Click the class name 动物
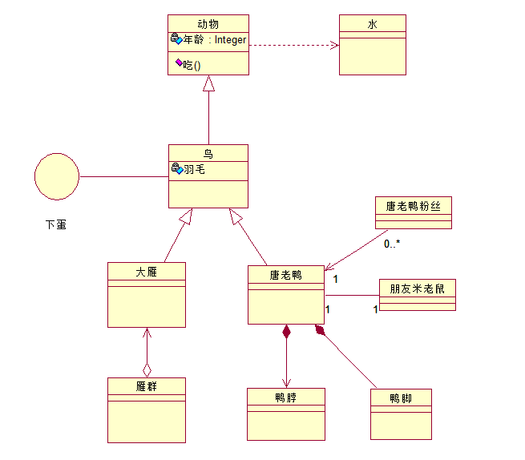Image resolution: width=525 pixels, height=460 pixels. (x=208, y=23)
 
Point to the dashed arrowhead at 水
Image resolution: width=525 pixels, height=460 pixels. (x=334, y=45)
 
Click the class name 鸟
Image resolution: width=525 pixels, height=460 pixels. (x=208, y=153)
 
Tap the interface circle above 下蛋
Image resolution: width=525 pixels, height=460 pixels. (x=57, y=176)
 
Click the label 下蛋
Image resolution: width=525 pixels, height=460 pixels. (x=56, y=225)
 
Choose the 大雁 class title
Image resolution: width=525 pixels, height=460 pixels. (x=146, y=271)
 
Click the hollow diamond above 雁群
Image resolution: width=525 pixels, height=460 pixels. (x=147, y=369)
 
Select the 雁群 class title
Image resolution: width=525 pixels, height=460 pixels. (x=146, y=386)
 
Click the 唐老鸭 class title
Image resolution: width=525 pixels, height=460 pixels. (x=285, y=276)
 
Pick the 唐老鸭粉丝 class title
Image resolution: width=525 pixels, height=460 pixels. (x=413, y=206)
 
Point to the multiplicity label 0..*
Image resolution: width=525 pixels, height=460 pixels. (x=392, y=244)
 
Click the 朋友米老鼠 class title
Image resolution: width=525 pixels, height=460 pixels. (x=417, y=289)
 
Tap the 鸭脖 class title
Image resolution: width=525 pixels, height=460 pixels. (x=286, y=397)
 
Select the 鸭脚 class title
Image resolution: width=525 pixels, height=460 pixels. (x=401, y=398)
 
